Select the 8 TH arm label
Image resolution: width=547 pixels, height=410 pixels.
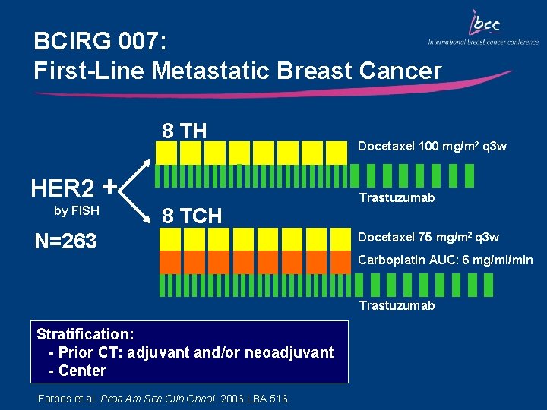tap(184, 131)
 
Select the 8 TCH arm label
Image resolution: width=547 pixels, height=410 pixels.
tap(191, 216)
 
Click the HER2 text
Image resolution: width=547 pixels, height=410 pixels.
tap(63, 187)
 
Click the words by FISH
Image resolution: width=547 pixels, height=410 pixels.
tap(76, 210)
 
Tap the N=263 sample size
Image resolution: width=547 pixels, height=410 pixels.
tap(67, 241)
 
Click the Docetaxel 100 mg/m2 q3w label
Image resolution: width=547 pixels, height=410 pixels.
tap(432, 146)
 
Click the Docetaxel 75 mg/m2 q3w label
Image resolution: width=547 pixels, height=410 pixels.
tap(428, 238)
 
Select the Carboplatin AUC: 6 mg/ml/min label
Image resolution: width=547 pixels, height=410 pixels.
tap(445, 260)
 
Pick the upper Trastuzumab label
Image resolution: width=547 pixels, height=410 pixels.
tap(397, 197)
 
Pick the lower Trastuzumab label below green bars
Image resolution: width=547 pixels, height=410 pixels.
tap(397, 305)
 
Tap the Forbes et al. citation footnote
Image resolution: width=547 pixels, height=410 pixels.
tap(163, 398)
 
